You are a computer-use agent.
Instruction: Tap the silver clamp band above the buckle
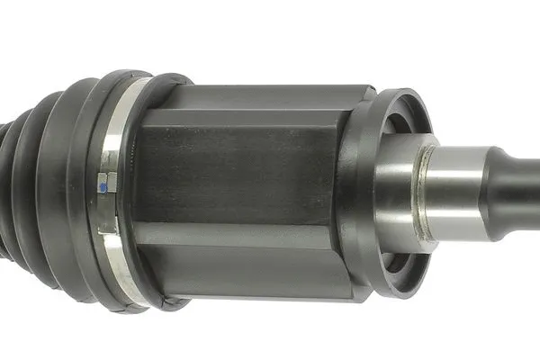tap(114, 126)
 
